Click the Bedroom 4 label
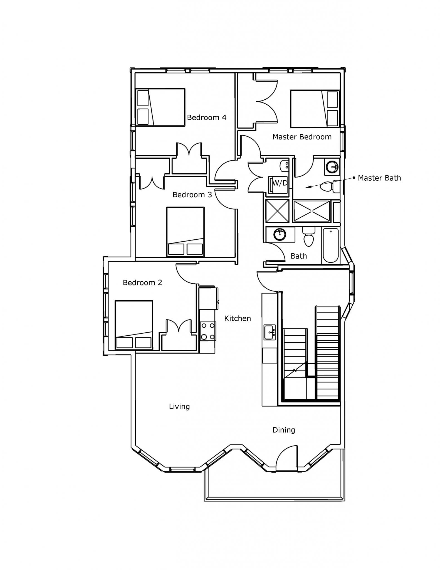(x=207, y=117)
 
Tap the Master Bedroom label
(x=302, y=137)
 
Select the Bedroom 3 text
(x=192, y=195)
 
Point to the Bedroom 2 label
(x=142, y=282)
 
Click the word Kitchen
(x=238, y=318)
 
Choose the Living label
(x=179, y=407)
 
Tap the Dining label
(x=284, y=430)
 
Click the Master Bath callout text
(x=379, y=178)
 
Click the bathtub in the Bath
(x=330, y=245)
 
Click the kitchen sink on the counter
(x=270, y=332)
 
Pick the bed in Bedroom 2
(x=134, y=325)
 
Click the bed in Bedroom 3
(x=186, y=232)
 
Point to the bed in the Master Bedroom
(x=315, y=109)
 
